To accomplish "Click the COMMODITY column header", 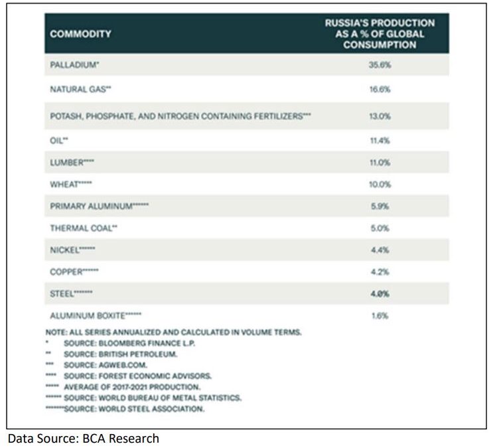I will click(x=80, y=35).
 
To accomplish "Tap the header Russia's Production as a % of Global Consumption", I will click(x=380, y=34).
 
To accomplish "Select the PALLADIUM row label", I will click(x=75, y=66).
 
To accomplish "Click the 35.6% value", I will click(x=380, y=66).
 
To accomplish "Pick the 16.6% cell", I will click(x=380, y=89).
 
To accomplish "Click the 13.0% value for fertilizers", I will click(x=380, y=115).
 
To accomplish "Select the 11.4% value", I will click(x=380, y=140).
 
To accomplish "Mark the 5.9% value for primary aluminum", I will click(x=380, y=206).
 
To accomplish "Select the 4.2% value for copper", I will click(x=380, y=271).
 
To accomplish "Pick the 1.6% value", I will click(x=380, y=316).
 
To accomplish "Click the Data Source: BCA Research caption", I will click(x=83, y=439).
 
